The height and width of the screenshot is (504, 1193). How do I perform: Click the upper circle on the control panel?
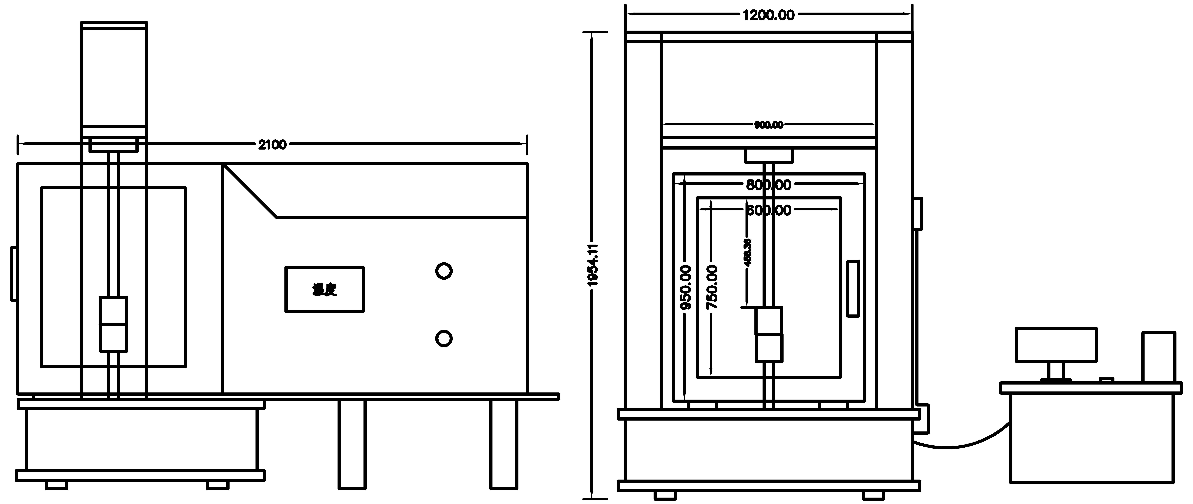click(x=444, y=271)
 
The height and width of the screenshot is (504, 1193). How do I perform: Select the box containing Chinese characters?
click(x=324, y=289)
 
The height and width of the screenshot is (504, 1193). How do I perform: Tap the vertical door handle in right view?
click(x=853, y=289)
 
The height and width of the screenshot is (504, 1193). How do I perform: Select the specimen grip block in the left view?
click(x=113, y=324)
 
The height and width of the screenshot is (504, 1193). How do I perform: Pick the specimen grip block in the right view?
click(x=769, y=334)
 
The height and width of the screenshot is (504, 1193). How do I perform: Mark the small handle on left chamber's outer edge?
click(x=14, y=274)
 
